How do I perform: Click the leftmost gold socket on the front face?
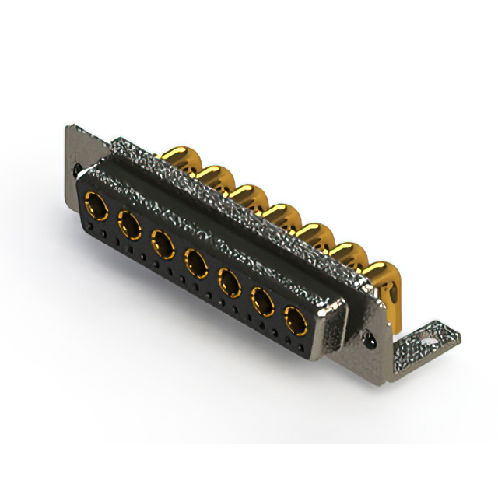[x=97, y=205]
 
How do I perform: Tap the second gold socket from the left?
[x=129, y=225]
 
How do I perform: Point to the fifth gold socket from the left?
[x=229, y=280]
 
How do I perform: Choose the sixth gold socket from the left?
[x=262, y=299]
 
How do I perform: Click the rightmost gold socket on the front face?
[x=295, y=318]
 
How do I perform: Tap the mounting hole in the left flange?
[x=76, y=167]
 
